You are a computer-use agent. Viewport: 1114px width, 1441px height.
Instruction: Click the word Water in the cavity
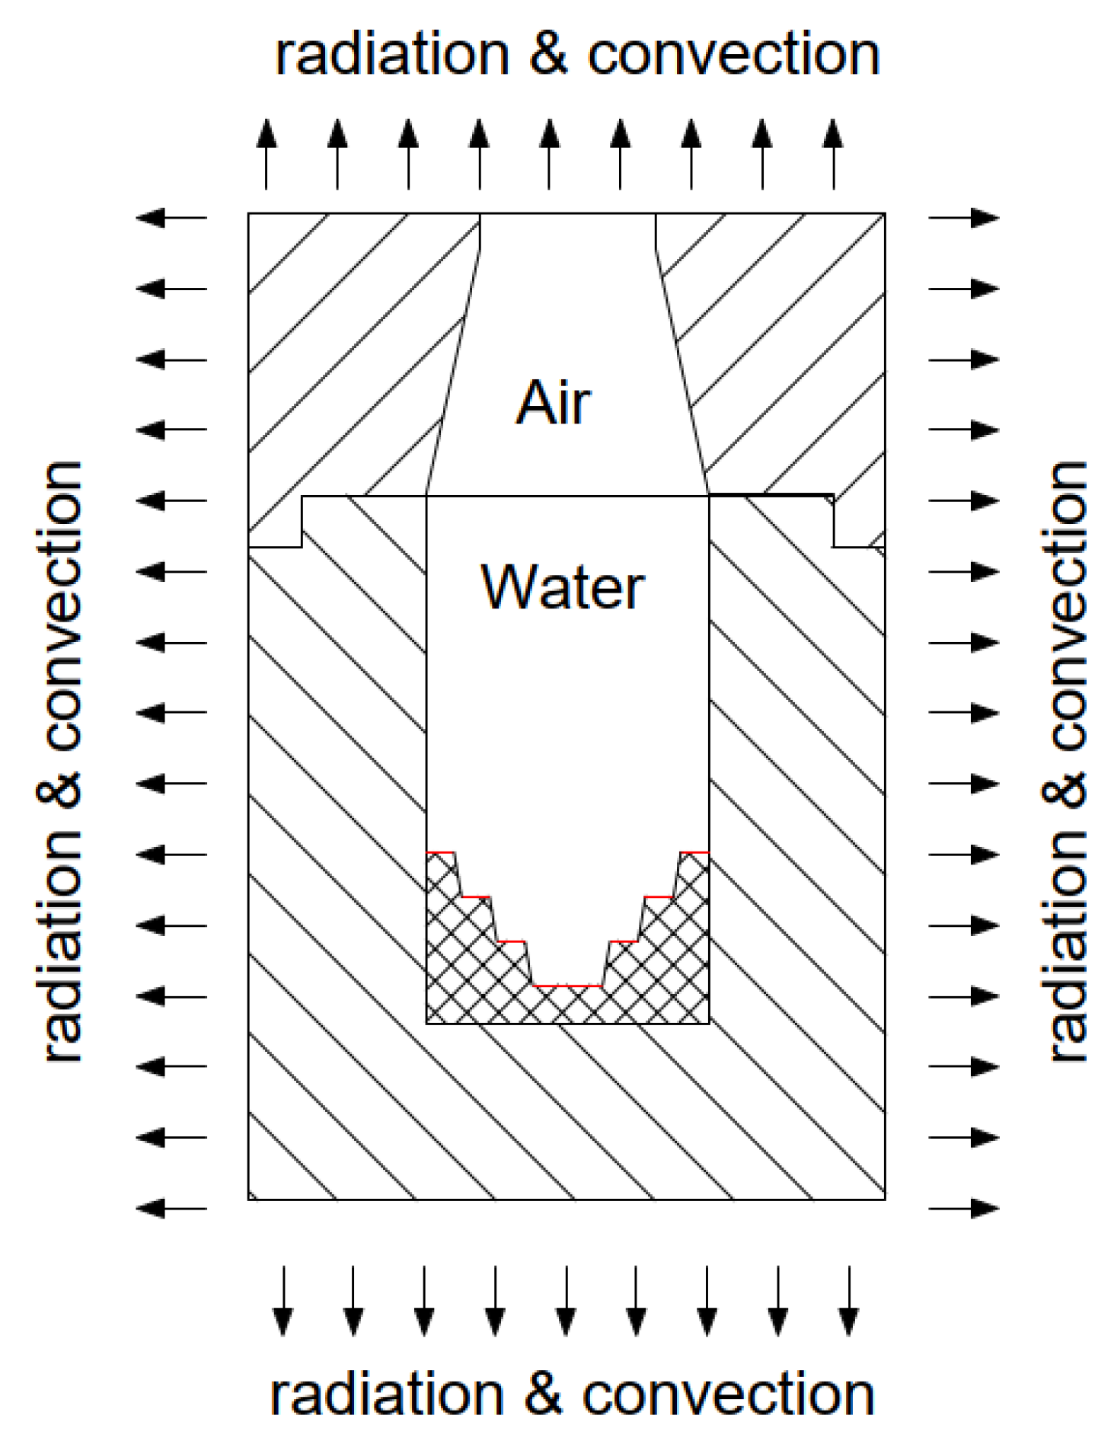pos(563,587)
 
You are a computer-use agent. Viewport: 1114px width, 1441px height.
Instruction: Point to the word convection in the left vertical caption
pos(59,605)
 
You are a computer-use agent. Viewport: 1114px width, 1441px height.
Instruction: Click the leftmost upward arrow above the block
pos(266,153)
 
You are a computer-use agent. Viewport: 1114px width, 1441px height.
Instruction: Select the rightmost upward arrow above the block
pos(833,153)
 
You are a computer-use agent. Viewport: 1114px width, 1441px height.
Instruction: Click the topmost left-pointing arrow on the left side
pos(171,218)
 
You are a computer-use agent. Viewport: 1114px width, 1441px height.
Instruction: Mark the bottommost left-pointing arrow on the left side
pos(171,1209)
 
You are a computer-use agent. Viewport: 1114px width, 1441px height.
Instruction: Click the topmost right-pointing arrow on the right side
pos(963,218)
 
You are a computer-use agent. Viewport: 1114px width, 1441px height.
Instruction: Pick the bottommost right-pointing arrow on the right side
pos(963,1209)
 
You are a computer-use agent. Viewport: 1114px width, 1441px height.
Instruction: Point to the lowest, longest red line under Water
pos(567,986)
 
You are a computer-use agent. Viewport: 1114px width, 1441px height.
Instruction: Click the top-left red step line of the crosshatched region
pos(440,852)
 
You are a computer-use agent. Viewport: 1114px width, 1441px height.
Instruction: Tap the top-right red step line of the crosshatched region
pos(694,852)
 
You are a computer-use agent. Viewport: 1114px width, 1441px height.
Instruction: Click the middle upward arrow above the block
pos(549,153)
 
